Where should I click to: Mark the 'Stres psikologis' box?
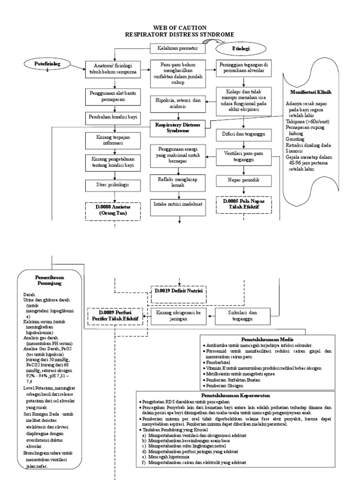[x=112, y=184]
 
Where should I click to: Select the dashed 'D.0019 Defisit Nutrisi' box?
[x=178, y=291]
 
